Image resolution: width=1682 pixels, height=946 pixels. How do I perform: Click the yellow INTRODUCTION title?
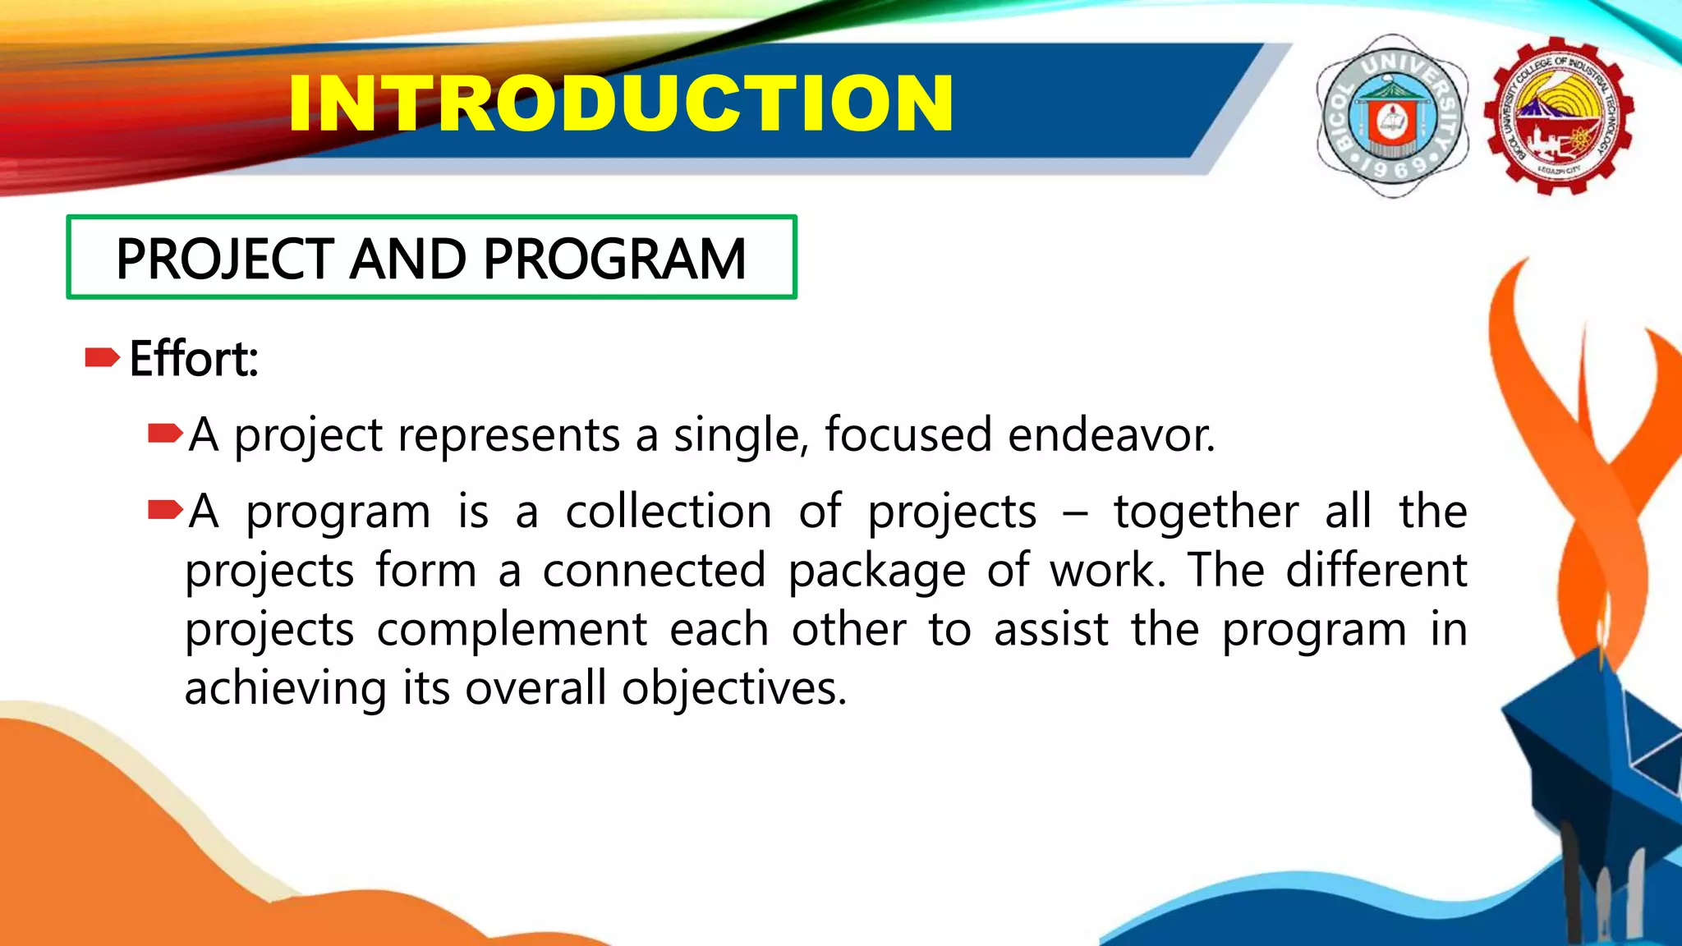(620, 103)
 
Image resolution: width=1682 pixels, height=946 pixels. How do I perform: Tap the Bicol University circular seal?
(1392, 116)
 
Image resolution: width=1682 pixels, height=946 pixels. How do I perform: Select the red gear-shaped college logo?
(1558, 116)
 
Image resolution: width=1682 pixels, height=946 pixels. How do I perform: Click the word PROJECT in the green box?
(224, 259)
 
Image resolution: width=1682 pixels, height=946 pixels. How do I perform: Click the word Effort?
(194, 359)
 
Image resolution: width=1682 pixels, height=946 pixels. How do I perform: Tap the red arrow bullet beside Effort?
(102, 357)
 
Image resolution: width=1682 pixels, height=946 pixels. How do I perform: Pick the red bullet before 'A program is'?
(164, 511)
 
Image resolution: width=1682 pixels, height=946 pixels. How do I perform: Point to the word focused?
(908, 434)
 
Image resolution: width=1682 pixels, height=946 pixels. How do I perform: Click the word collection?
(669, 512)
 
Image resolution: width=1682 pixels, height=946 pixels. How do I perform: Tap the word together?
(1206, 512)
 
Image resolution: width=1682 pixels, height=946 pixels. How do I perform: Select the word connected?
(654, 571)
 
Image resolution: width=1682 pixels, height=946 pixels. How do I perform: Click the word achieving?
(285, 688)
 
